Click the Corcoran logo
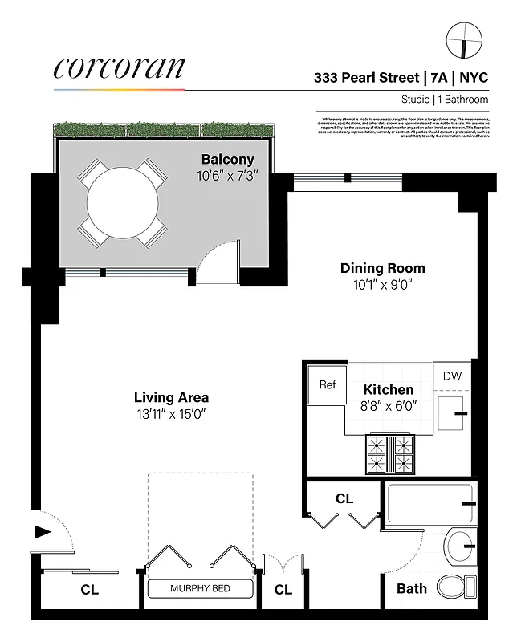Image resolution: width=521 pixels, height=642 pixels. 119,68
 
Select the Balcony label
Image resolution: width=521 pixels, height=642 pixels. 228,159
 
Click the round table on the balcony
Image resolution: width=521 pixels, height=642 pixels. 123,202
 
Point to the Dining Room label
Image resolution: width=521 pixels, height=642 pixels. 382,268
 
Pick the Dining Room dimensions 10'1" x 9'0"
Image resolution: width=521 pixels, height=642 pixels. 382,284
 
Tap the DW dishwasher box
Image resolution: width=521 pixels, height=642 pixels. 452,376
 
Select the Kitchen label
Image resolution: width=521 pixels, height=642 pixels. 389,389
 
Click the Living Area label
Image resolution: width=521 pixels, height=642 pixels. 171,397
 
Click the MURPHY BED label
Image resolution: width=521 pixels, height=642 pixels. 200,589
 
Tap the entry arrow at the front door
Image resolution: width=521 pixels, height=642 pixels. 42,530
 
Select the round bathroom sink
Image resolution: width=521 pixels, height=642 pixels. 462,547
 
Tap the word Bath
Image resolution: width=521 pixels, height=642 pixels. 412,589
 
